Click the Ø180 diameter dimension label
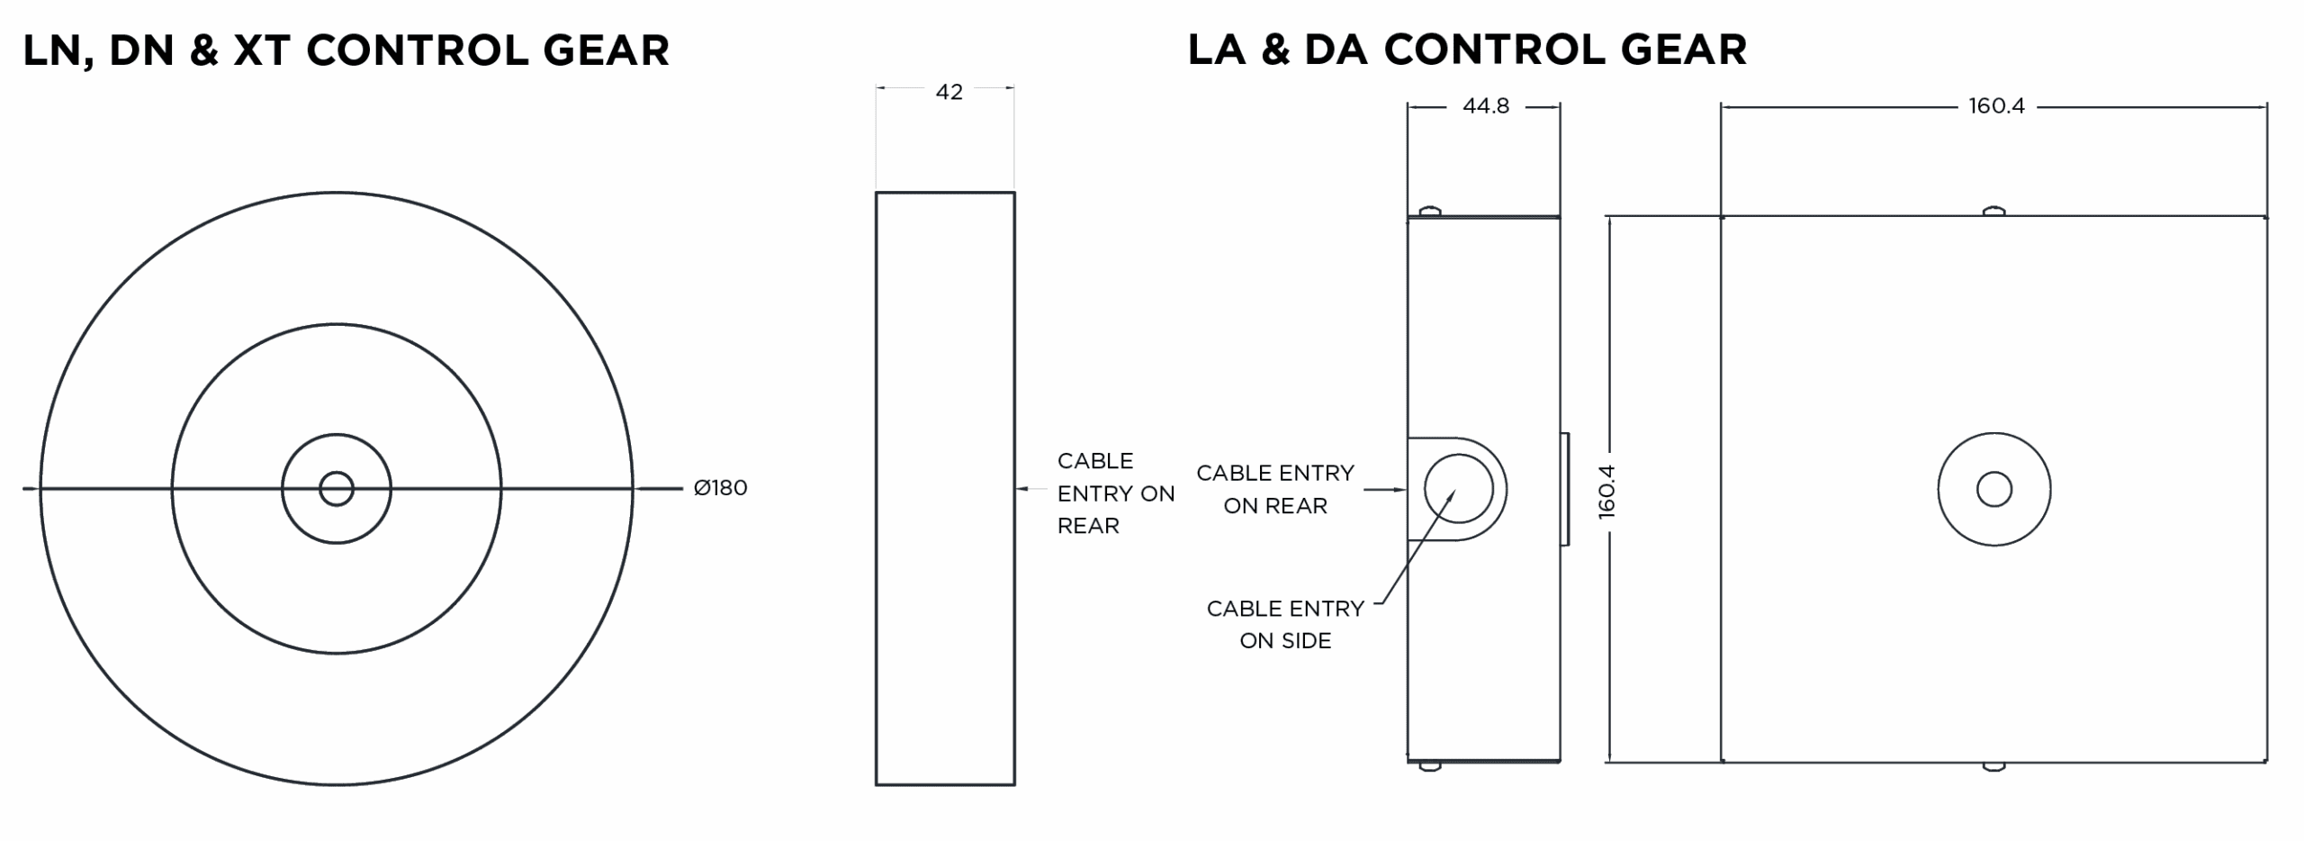(720, 488)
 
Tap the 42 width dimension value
(949, 92)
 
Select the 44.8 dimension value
(1485, 106)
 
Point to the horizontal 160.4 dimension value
(1996, 106)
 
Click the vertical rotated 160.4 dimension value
(1607, 492)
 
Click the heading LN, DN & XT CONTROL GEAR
(346, 50)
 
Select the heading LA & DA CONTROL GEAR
(1467, 50)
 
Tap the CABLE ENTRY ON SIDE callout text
(1285, 624)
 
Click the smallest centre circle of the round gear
(337, 489)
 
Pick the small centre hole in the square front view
(1994, 490)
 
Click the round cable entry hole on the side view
(1458, 489)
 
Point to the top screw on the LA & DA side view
(1430, 212)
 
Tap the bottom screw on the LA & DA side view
(1430, 767)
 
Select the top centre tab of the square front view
(1994, 212)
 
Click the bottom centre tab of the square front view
(1994, 767)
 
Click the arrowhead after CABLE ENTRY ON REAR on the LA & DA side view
(1399, 490)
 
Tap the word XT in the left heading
(262, 50)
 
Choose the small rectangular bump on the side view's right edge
(1565, 489)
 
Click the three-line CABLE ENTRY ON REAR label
(1115, 493)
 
